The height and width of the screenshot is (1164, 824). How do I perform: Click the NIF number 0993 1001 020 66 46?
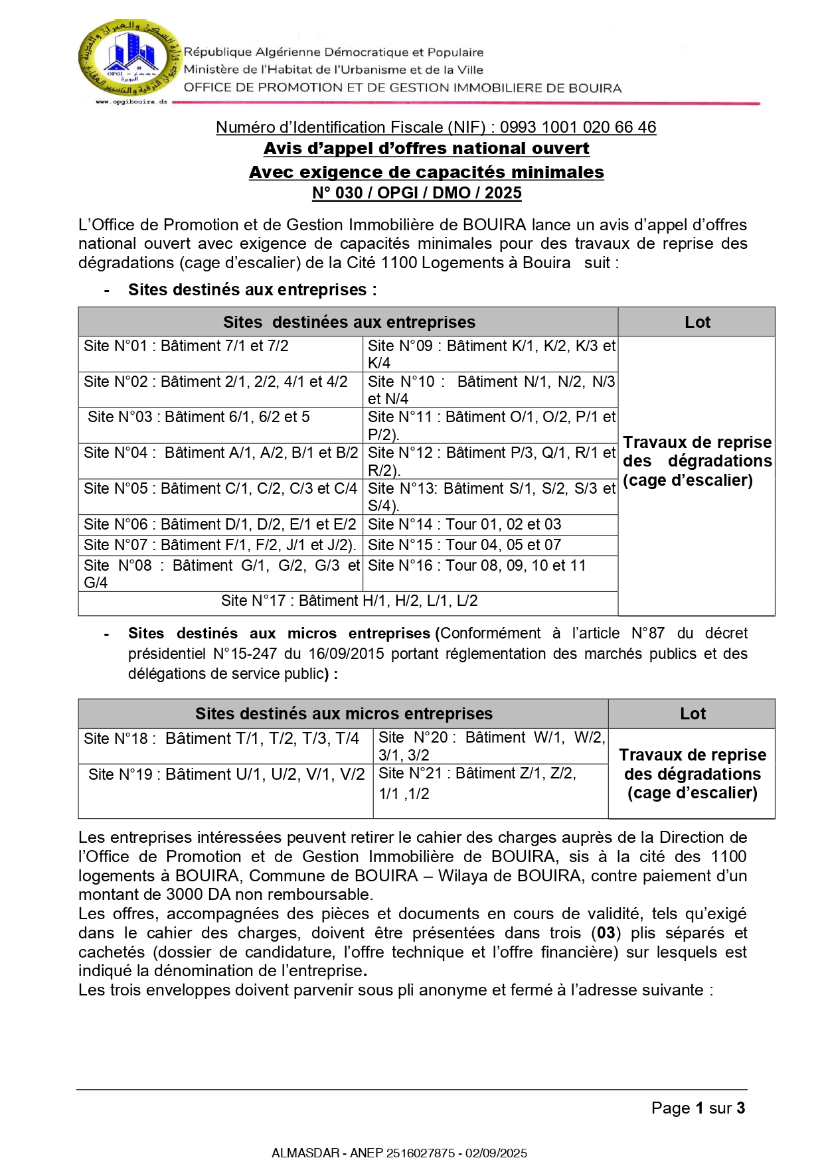[x=578, y=127]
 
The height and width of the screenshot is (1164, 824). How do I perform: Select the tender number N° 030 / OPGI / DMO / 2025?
[x=417, y=193]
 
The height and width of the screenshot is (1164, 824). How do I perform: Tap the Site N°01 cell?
[x=187, y=346]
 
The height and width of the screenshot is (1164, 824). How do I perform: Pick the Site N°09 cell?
[x=491, y=354]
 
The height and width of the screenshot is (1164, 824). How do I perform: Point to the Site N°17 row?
[x=349, y=601]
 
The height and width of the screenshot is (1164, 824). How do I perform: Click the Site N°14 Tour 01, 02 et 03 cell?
[x=465, y=525]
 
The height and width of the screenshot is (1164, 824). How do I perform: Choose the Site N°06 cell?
[x=220, y=525]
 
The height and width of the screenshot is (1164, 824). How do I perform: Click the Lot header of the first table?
[x=697, y=323]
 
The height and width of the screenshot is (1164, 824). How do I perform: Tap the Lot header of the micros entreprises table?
[x=693, y=714]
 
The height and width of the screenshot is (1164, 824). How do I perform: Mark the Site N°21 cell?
[x=478, y=783]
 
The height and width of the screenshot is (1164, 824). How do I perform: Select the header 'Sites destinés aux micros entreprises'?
[x=343, y=714]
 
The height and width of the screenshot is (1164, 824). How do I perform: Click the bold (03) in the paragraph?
[x=606, y=933]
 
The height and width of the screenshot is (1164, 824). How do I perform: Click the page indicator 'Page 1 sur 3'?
[x=698, y=1108]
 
